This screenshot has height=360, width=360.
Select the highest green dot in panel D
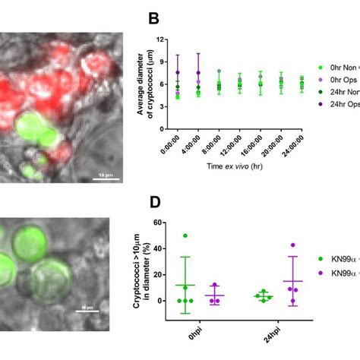[185, 236]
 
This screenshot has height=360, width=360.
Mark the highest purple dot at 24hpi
[293, 245]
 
